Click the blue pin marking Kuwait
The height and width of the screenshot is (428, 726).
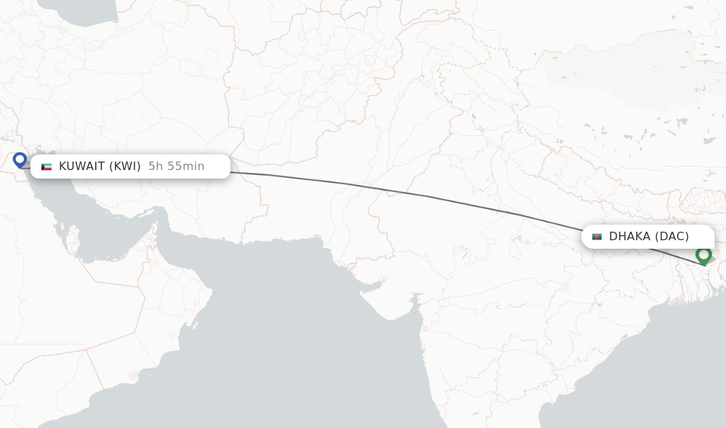pos(20,159)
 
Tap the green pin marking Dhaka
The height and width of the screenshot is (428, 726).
pos(703,254)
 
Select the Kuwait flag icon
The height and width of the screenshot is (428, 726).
pos(47,167)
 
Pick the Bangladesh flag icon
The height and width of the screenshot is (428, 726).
pos(597,237)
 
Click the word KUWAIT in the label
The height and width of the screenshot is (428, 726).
pos(82,167)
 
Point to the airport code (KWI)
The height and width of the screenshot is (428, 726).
pos(125,167)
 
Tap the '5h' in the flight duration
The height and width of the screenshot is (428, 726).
pos(155,167)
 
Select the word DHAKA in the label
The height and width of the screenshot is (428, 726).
pos(629,237)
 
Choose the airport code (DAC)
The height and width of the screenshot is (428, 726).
pos(671,237)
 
